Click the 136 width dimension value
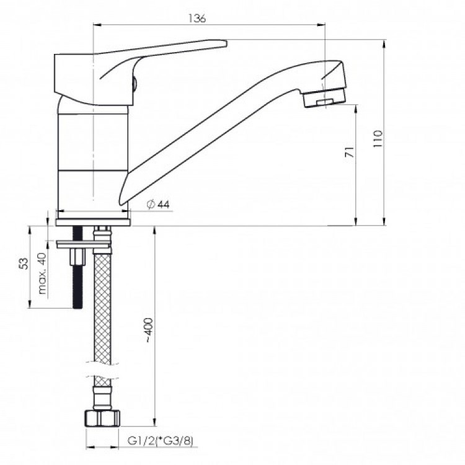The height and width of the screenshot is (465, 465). (197, 19)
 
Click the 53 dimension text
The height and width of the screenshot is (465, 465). (24, 263)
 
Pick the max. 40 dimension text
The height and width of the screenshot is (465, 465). (42, 273)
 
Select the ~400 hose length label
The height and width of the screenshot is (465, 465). (148, 332)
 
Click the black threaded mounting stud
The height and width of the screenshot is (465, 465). (78, 285)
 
